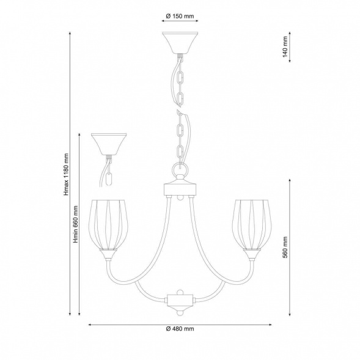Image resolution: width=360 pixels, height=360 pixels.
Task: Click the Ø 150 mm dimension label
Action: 180,16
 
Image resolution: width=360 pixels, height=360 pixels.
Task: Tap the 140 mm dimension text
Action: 285,46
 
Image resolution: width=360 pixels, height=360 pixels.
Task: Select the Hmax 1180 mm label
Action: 66,175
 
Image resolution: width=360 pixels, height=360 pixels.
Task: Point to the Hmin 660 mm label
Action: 76,224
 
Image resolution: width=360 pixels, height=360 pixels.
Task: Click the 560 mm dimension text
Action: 285,248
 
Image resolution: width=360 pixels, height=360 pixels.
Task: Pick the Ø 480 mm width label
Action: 180,329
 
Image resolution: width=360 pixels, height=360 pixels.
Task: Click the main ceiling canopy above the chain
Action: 180,43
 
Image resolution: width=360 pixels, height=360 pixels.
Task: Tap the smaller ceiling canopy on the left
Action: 109,144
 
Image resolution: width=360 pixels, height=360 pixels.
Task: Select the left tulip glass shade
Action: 108,224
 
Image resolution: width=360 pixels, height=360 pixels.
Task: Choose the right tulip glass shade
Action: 252,224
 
